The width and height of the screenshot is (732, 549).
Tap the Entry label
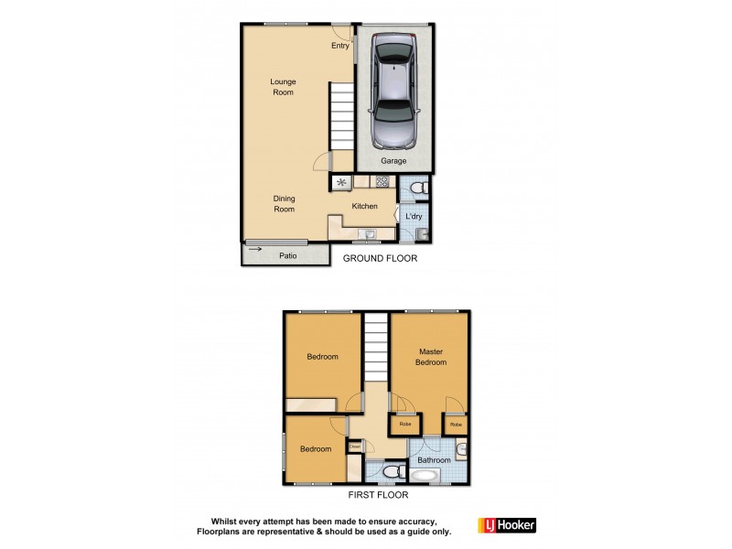(x=340, y=46)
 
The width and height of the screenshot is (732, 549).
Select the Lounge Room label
(x=283, y=87)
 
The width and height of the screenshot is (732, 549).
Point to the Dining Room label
(x=284, y=203)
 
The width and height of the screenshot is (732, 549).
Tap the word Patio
(x=288, y=256)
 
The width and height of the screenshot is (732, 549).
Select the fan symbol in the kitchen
(x=341, y=183)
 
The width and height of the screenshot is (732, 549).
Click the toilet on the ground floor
(x=417, y=188)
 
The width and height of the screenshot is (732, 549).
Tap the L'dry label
(x=414, y=216)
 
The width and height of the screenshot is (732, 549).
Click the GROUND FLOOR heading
(x=380, y=259)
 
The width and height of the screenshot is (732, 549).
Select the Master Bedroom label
(x=432, y=357)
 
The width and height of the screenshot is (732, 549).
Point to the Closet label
(x=354, y=447)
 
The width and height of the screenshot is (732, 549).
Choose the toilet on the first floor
(x=391, y=472)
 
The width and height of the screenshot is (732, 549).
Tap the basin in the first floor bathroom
(x=462, y=448)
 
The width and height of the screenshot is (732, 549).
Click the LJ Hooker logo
(x=506, y=525)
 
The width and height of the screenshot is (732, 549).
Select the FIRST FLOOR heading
(x=378, y=495)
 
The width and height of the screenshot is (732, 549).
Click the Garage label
(x=393, y=161)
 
